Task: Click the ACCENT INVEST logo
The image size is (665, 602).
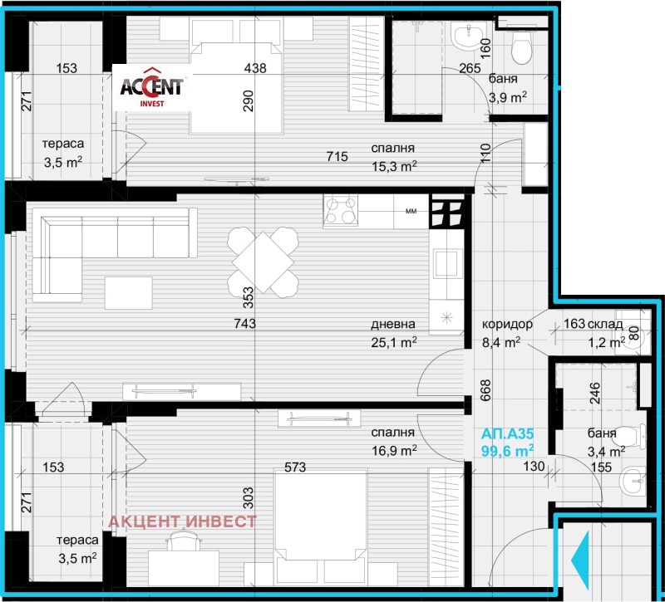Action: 152,87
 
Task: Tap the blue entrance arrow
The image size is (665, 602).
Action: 580,560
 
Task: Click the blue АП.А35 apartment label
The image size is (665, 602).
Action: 507,433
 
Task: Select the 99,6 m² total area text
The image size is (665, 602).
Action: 507,450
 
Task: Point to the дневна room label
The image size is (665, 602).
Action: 392,324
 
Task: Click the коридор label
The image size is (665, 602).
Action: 507,324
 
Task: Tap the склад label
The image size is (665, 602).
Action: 605,324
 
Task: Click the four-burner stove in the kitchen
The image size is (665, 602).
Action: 341,210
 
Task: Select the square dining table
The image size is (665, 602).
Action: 263,262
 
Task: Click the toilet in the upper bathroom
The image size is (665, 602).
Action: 522,46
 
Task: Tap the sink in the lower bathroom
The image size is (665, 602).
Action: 633,482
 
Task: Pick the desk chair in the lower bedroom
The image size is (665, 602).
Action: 184,541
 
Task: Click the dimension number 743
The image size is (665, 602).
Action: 244,324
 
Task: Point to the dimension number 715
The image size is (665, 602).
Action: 337,157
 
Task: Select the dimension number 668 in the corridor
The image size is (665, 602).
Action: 485,390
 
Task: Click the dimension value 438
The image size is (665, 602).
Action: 255,68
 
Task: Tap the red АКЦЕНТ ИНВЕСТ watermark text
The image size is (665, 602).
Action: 183,521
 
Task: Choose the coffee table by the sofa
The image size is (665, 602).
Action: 129,293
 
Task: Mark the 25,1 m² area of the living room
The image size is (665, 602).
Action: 393,342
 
